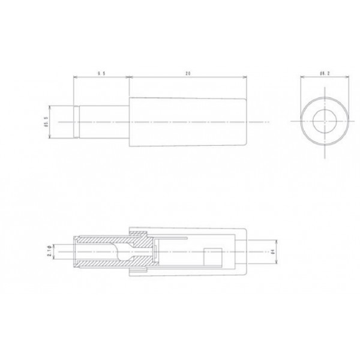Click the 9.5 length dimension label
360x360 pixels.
tap(102, 73)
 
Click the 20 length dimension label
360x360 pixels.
tap(188, 73)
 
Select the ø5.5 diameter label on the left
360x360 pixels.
tap(46, 122)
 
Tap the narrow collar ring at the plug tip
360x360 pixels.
tap(77, 122)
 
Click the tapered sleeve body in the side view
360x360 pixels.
tap(186, 122)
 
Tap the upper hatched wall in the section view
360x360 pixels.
tap(108, 239)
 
